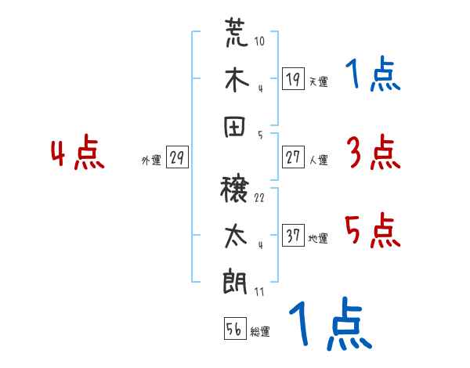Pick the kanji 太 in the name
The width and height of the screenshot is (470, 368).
tap(236, 236)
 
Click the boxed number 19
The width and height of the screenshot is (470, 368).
tap(293, 78)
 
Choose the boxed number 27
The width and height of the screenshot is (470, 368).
tap(293, 157)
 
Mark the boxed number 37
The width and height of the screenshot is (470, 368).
tap(293, 235)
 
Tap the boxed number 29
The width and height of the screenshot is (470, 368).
tap(176, 157)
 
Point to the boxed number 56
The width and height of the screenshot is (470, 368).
tap(234, 329)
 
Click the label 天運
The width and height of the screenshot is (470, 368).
tap(318, 81)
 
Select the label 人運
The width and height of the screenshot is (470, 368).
tap(318, 160)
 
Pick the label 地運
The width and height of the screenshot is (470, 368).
tap(318, 238)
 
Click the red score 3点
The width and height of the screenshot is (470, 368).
tap(373, 153)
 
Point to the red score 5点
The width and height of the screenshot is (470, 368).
tap(373, 230)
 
